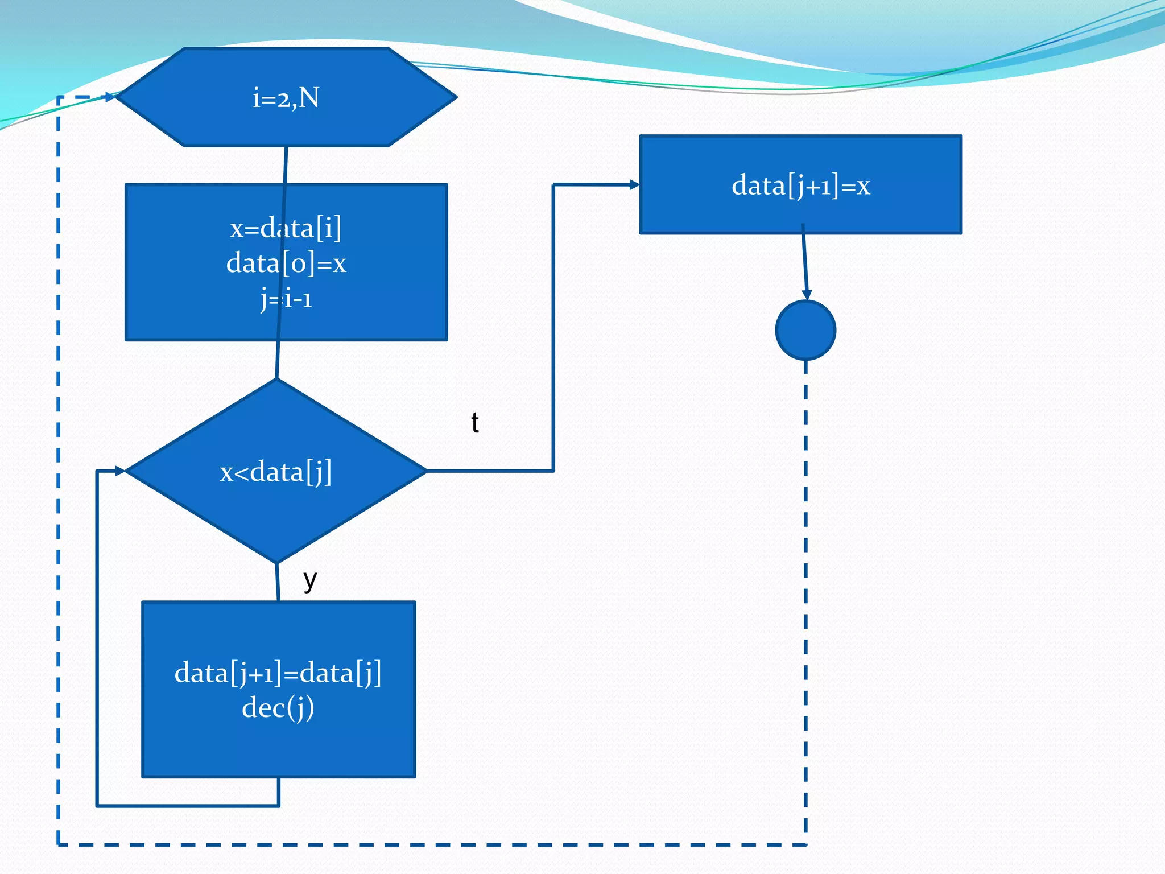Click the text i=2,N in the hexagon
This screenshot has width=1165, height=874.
286,98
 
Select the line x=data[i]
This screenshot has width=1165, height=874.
286,228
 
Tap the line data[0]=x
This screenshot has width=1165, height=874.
286,263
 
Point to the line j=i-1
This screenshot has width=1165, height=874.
286,298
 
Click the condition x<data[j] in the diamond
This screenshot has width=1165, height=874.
276,472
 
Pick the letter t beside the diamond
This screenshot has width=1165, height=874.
475,423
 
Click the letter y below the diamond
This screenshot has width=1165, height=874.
310,580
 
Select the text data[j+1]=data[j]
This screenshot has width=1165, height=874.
278,673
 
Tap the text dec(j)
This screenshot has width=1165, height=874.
278,708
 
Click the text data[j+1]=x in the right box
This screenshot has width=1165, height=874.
800,185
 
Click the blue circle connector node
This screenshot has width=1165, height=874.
805,331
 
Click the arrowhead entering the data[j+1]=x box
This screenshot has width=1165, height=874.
634,184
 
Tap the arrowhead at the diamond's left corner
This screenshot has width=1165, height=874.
120,471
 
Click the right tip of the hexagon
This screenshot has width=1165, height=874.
456,97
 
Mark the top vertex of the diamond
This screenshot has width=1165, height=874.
276,380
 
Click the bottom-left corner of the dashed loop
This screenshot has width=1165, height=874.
59,844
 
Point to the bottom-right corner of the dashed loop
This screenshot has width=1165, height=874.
806,844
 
